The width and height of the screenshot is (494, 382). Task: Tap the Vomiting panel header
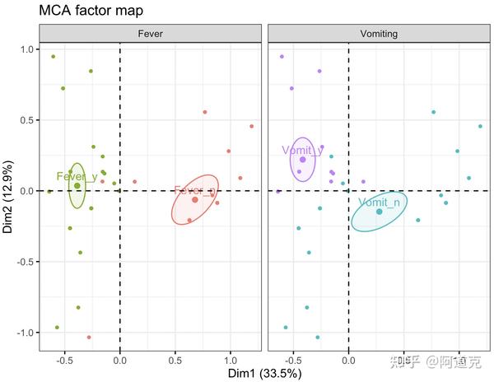pyautogui.click(x=379, y=34)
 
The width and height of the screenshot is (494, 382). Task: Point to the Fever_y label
pyautogui.click(x=77, y=176)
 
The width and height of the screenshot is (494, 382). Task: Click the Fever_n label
pyautogui.click(x=194, y=191)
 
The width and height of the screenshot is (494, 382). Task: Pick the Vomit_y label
pyautogui.click(x=302, y=150)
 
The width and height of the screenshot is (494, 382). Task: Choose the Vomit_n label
pyautogui.click(x=380, y=203)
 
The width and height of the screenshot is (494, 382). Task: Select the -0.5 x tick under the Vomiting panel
pyautogui.click(x=293, y=360)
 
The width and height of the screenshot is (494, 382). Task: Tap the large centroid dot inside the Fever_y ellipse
pyautogui.click(x=77, y=186)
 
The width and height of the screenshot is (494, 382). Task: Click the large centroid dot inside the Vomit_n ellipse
pyautogui.click(x=380, y=212)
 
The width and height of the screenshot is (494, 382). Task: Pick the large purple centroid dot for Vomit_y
pyautogui.click(x=303, y=160)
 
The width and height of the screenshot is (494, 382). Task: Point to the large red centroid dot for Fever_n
pyautogui.click(x=195, y=200)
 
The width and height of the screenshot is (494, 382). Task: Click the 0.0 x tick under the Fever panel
pyautogui.click(x=120, y=360)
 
